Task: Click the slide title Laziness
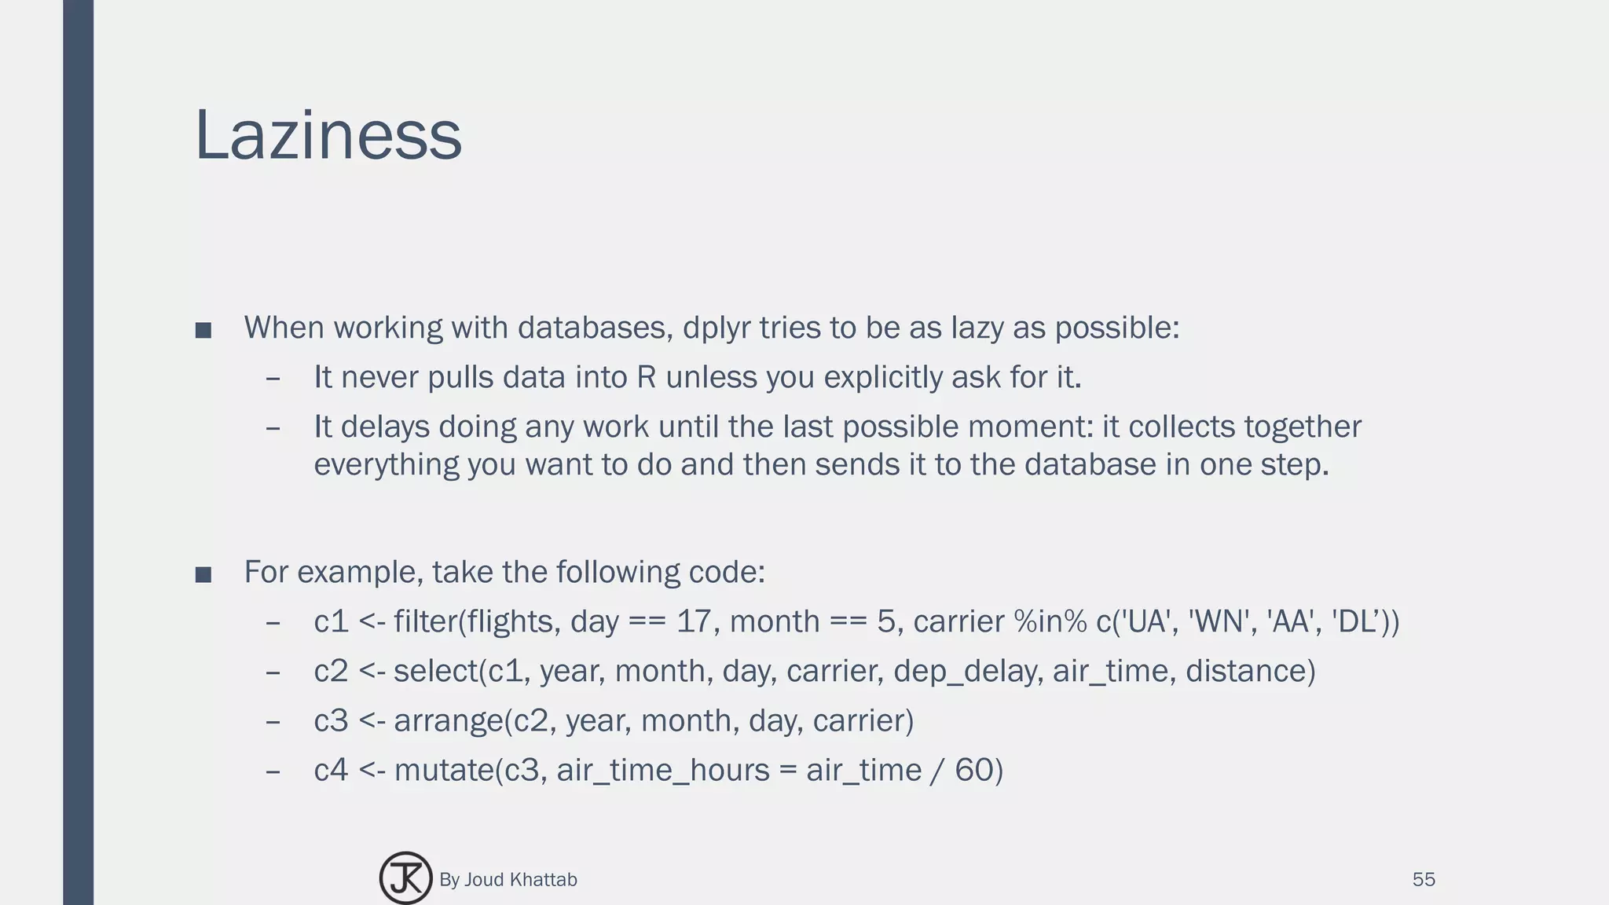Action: (x=328, y=136)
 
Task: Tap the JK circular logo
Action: (x=405, y=878)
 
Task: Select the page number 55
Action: (x=1424, y=879)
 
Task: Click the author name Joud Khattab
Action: (x=520, y=880)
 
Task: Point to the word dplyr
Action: (x=717, y=328)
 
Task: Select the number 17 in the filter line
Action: (x=693, y=622)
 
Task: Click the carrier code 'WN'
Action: (x=1219, y=622)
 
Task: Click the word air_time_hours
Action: (x=663, y=771)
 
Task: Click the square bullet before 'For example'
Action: (x=203, y=574)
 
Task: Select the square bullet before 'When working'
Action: (x=203, y=330)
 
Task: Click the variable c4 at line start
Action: (x=331, y=771)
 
